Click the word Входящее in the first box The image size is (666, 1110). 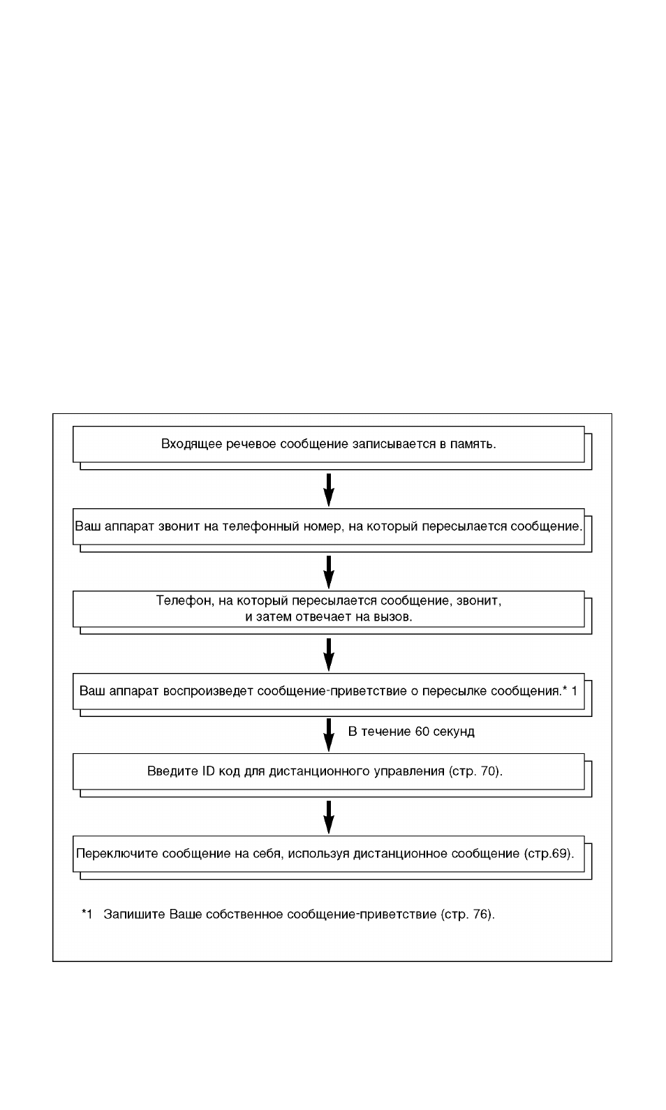point(192,445)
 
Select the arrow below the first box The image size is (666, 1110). point(329,489)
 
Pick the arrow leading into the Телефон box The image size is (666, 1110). point(329,572)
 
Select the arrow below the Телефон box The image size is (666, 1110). point(329,654)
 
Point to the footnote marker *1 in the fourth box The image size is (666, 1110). point(570,690)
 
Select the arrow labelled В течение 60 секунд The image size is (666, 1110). point(329,735)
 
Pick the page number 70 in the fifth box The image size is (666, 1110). point(487,771)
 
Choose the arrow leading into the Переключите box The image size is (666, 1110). point(329,817)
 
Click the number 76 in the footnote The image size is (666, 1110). point(480,915)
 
